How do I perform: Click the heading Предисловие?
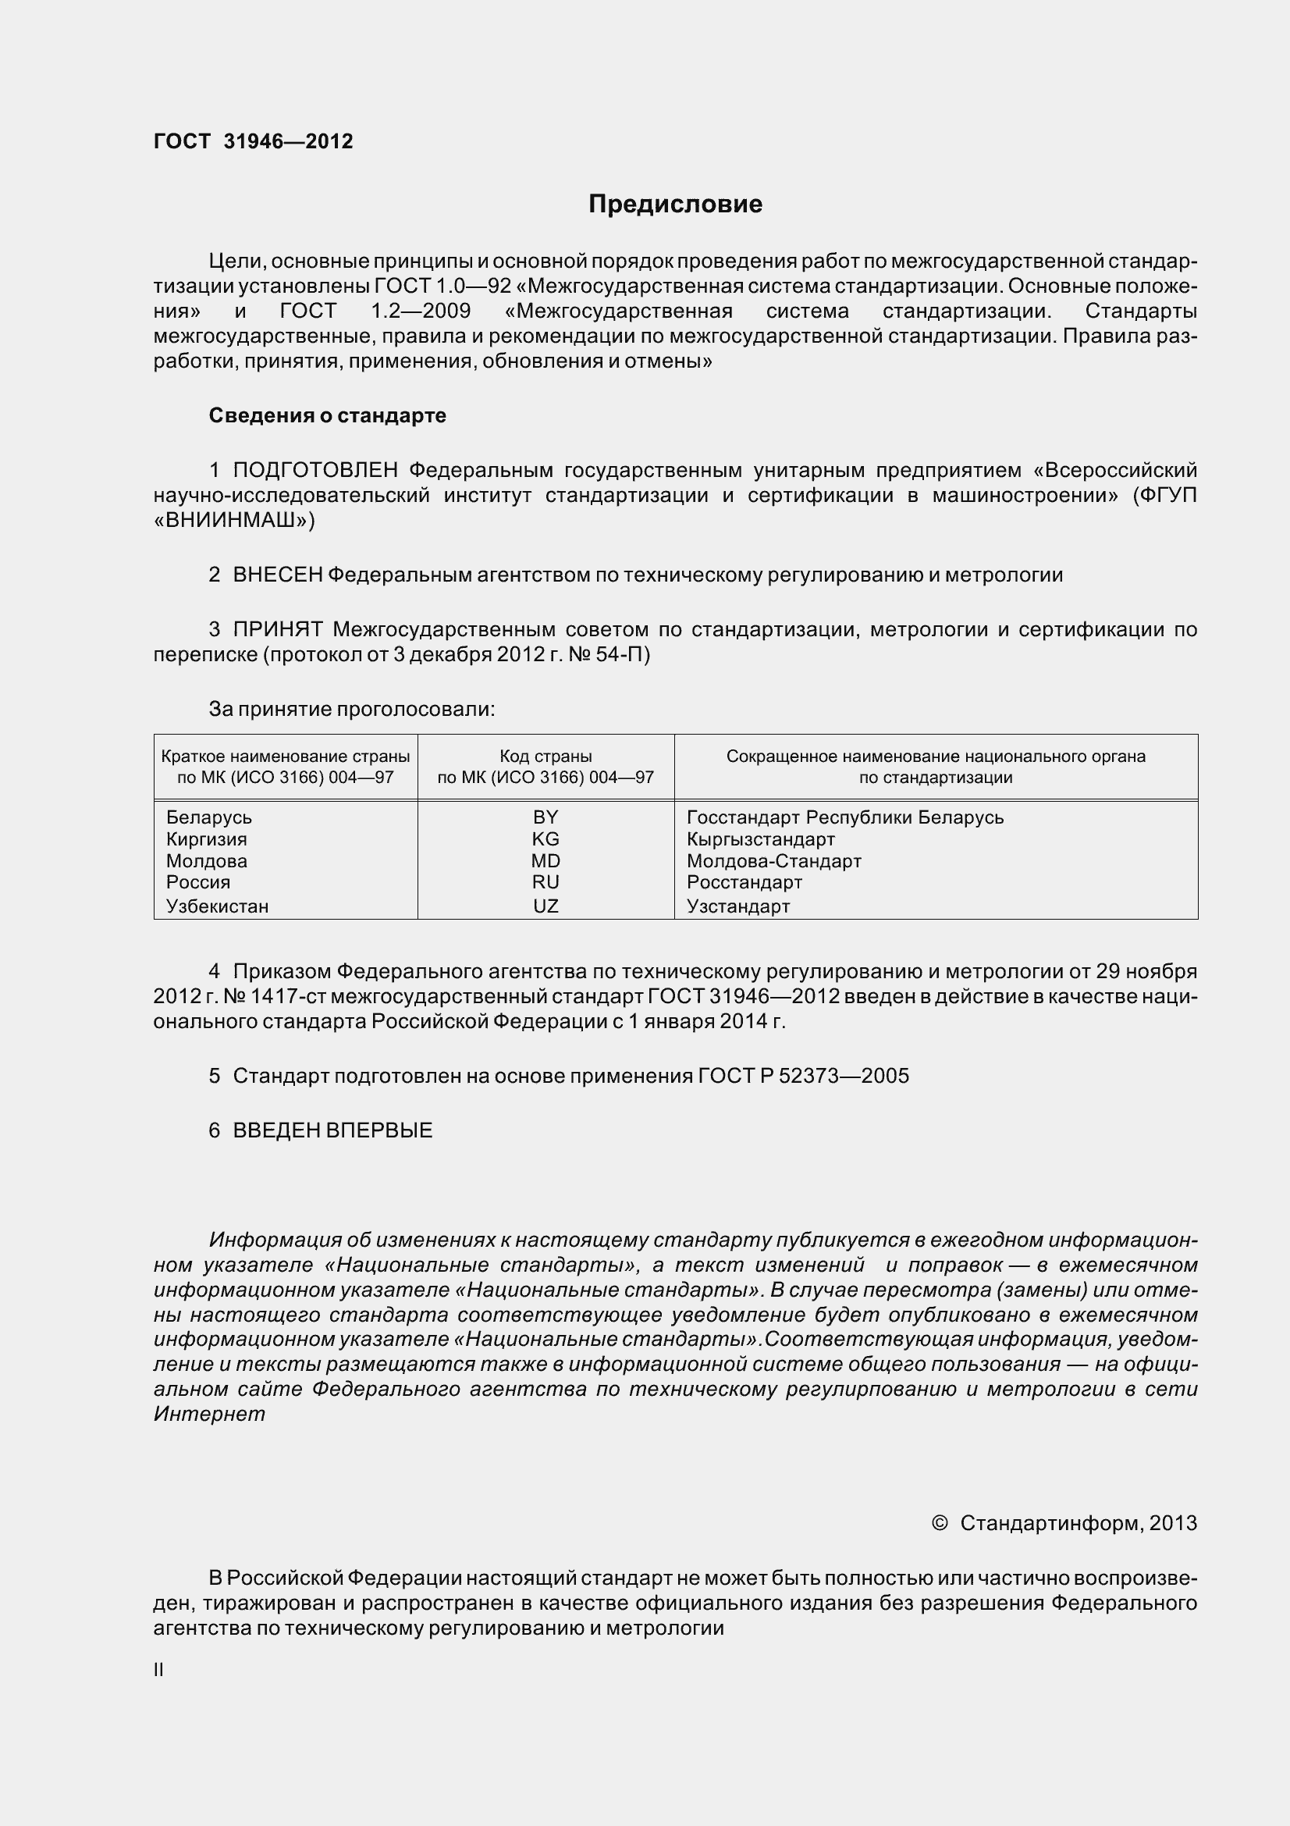(x=675, y=205)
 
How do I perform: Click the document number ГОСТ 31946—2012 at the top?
(x=253, y=141)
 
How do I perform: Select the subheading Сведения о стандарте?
(x=327, y=415)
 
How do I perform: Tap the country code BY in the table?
(x=545, y=817)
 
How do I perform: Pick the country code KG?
(x=545, y=839)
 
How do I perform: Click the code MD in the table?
(x=545, y=860)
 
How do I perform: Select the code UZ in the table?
(x=545, y=906)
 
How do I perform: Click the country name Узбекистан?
(x=217, y=906)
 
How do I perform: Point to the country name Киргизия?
(x=207, y=839)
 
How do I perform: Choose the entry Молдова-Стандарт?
(x=773, y=860)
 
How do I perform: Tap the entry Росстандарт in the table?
(x=744, y=882)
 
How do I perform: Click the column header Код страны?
(x=545, y=756)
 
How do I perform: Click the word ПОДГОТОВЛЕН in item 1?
(x=315, y=470)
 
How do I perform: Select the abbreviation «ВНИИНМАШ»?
(x=233, y=520)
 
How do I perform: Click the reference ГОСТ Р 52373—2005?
(x=803, y=1076)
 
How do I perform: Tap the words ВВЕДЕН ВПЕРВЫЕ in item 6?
(x=332, y=1130)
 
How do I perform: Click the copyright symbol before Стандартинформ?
(x=940, y=1522)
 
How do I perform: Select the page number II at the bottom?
(x=158, y=1670)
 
